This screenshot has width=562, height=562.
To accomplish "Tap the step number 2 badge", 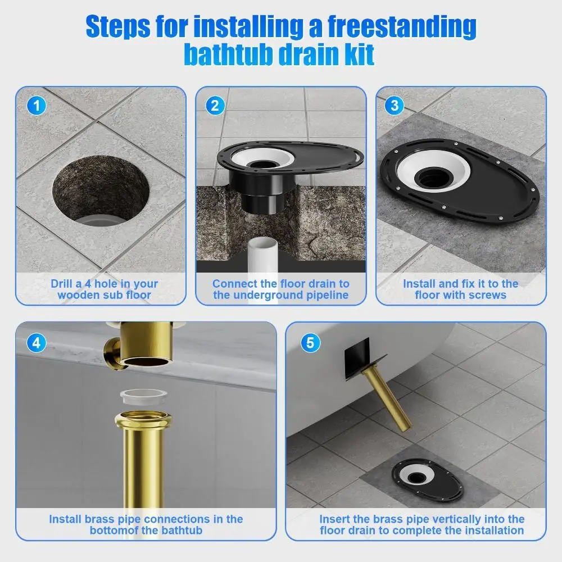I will point(215,105).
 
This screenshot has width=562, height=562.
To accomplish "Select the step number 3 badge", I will point(395,105).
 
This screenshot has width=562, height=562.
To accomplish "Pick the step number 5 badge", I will point(310,342).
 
